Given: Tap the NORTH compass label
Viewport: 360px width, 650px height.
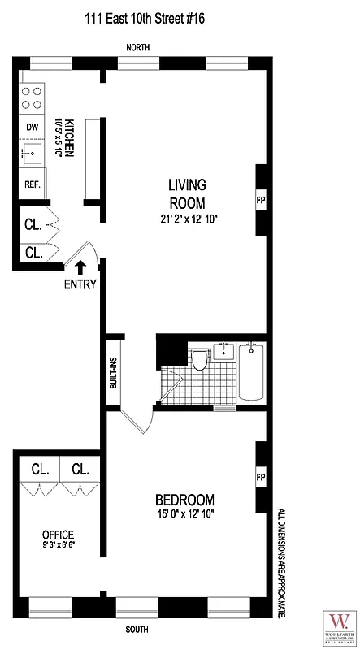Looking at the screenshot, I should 141,48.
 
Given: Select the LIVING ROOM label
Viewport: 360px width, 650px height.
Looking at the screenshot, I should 187,193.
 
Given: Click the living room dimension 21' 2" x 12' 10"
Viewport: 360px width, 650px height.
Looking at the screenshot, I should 188,219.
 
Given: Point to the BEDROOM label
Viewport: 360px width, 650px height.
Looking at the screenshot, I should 184,500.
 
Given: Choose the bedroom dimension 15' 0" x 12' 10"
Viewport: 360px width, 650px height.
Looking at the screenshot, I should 185,513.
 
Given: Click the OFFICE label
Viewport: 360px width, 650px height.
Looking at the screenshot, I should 59,534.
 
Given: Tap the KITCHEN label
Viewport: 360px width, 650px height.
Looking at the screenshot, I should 70,137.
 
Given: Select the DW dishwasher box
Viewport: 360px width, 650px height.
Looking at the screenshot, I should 33,127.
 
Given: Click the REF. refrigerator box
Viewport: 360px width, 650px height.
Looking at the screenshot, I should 33,184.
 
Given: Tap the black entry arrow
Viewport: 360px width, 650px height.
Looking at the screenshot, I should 80,266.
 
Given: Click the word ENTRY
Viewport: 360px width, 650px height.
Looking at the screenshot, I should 80,284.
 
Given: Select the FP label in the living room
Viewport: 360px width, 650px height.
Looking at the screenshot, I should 261,198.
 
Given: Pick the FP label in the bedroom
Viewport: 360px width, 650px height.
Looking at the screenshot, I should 261,476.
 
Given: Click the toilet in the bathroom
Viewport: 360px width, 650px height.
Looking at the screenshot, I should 199,360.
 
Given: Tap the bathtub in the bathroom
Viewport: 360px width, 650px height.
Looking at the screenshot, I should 252,372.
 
